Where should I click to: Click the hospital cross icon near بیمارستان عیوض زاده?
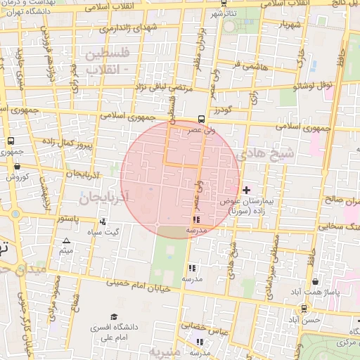click(x=245, y=190)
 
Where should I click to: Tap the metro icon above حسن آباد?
click(x=304, y=308)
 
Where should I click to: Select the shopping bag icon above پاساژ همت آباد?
click(x=315, y=281)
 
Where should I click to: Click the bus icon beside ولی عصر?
click(x=202, y=119)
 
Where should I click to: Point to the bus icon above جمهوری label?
click(x=10, y=141)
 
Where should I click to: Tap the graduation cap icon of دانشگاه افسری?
click(x=114, y=317)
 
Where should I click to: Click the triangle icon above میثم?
click(x=66, y=241)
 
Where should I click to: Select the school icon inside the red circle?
click(x=195, y=220)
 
